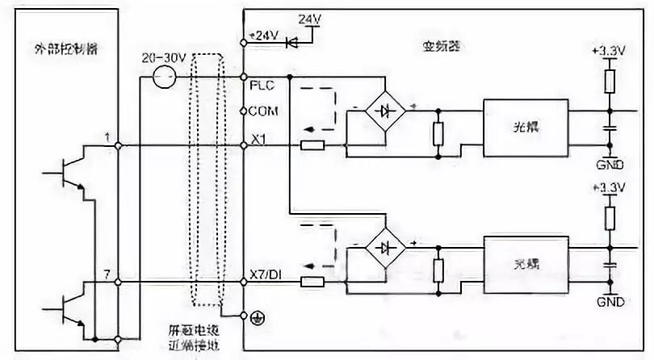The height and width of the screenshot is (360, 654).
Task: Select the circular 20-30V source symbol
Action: click(x=165, y=78)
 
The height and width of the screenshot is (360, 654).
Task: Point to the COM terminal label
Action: click(x=263, y=111)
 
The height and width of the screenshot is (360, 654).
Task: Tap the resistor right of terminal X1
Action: click(x=312, y=145)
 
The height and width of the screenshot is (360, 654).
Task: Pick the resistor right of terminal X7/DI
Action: click(x=312, y=282)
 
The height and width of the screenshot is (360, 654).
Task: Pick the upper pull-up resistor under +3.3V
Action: click(x=610, y=80)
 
